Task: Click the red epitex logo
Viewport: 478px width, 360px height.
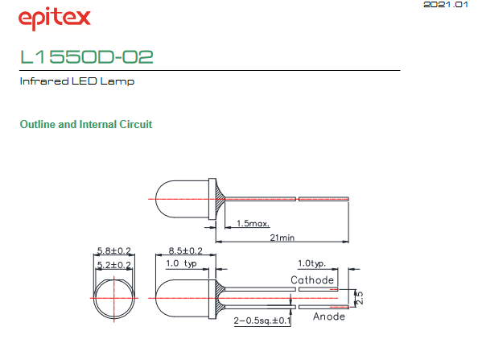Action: click(x=55, y=19)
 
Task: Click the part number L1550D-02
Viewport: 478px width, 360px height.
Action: click(x=87, y=56)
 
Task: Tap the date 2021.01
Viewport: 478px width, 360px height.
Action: click(x=445, y=4)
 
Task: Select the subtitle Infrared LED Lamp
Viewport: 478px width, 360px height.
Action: click(x=76, y=81)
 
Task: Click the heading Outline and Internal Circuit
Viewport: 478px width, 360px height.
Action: click(x=86, y=124)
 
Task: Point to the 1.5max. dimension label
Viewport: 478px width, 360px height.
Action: click(x=253, y=223)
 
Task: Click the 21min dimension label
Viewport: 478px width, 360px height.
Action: click(x=282, y=238)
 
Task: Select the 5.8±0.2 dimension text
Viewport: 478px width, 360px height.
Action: click(x=113, y=250)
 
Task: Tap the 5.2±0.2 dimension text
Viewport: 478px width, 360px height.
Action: click(x=113, y=265)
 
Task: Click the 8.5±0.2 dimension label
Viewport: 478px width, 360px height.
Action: click(x=185, y=250)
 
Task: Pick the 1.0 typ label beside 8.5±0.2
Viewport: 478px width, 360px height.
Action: click(x=181, y=263)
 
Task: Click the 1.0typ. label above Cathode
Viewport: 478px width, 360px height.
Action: click(x=311, y=263)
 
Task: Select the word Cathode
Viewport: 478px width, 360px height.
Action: click(x=312, y=279)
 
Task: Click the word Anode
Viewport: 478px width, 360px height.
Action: click(x=329, y=317)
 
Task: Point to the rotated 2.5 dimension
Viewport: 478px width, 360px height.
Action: click(x=360, y=298)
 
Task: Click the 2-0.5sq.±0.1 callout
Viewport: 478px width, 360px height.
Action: click(x=262, y=321)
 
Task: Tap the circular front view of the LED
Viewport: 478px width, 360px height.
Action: click(x=93, y=299)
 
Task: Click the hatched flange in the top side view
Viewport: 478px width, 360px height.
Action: click(x=220, y=199)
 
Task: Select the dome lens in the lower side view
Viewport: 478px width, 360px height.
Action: click(x=155, y=298)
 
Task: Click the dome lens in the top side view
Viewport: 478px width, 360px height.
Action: click(x=155, y=199)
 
